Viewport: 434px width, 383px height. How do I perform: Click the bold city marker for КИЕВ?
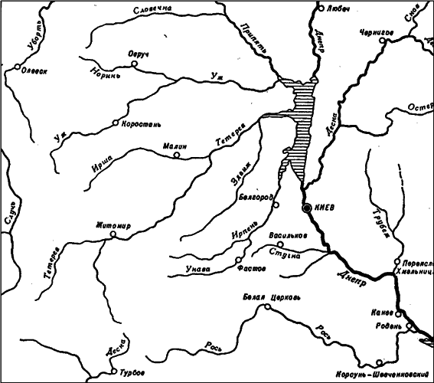coord(306,208)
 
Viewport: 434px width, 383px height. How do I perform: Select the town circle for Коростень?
coord(116,123)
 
